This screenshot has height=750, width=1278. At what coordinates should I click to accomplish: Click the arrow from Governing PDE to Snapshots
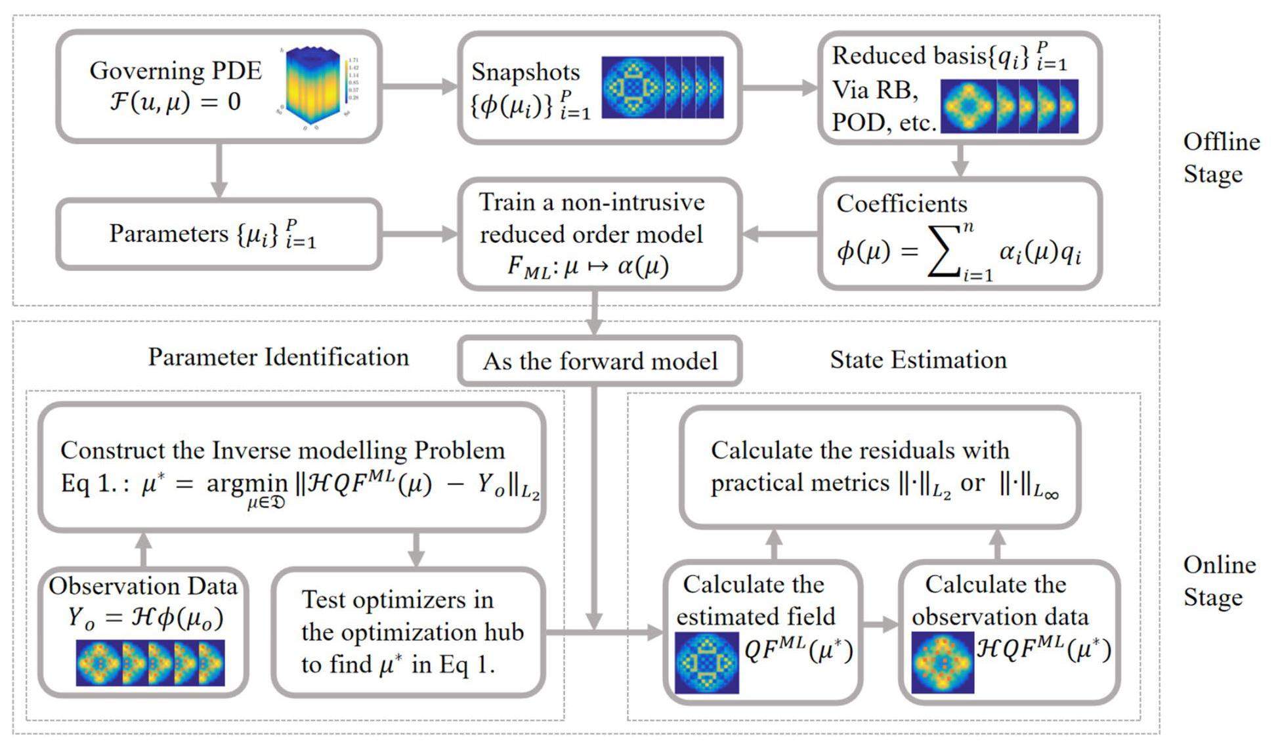pyautogui.click(x=420, y=86)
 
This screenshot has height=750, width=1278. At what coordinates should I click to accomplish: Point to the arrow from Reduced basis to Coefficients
pyautogui.click(x=960, y=160)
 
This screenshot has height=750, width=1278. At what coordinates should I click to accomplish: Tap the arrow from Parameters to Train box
pyautogui.click(x=420, y=234)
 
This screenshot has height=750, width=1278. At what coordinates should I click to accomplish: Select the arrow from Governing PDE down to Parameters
pyautogui.click(x=219, y=171)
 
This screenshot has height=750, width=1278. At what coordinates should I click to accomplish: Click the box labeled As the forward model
pyautogui.click(x=600, y=361)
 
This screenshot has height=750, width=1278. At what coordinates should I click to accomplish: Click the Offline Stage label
pyautogui.click(x=1221, y=158)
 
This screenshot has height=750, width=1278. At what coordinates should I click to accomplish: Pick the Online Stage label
pyautogui.click(x=1219, y=581)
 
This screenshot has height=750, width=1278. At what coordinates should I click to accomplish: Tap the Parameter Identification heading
pyautogui.click(x=278, y=357)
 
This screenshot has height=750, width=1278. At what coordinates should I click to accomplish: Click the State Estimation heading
pyautogui.click(x=918, y=360)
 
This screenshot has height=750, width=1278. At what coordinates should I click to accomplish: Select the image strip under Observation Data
pyautogui.click(x=150, y=663)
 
